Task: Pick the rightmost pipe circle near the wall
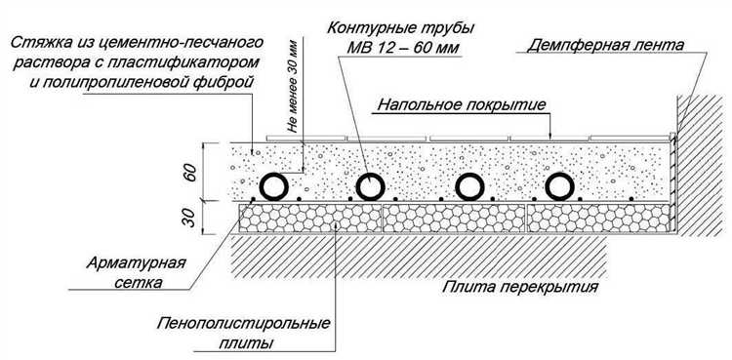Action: click(x=561, y=185)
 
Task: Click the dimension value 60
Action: click(x=190, y=175)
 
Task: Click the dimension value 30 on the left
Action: click(x=190, y=217)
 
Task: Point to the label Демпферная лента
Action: click(x=602, y=45)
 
